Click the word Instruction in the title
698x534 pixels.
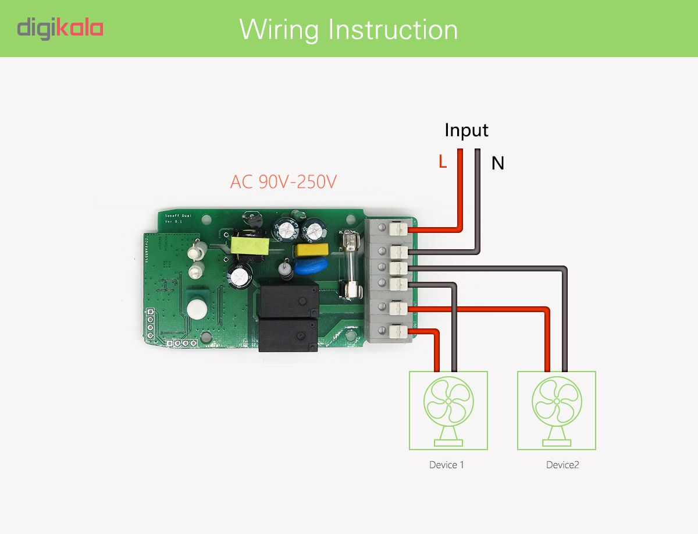pos(393,29)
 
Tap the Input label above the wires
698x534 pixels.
pos(466,130)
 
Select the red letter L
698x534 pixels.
pos(443,162)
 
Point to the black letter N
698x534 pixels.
pos(497,164)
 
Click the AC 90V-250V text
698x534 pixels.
pos(283,182)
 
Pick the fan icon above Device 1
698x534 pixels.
pos(448,410)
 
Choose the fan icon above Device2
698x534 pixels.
pos(557,410)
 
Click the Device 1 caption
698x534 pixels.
pos(447,465)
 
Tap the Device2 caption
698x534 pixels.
pos(562,465)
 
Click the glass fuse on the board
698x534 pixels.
pos(350,264)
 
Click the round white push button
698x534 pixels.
pos(196,309)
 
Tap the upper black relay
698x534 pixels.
pos(288,301)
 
